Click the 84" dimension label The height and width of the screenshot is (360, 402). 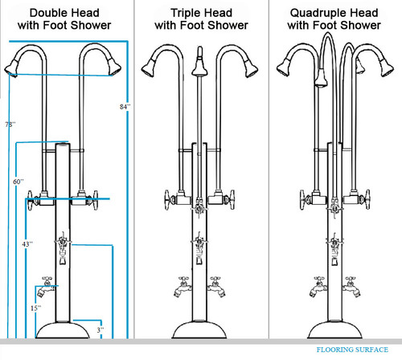[123, 106]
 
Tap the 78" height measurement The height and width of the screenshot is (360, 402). [10, 125]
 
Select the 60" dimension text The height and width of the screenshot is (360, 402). [18, 182]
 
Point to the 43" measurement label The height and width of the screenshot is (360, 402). [27, 243]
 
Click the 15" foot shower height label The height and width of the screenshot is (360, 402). [35, 307]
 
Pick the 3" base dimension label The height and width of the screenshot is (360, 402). [100, 330]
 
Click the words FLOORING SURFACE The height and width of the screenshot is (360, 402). [351, 350]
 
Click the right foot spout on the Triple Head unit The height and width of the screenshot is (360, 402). [215, 287]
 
